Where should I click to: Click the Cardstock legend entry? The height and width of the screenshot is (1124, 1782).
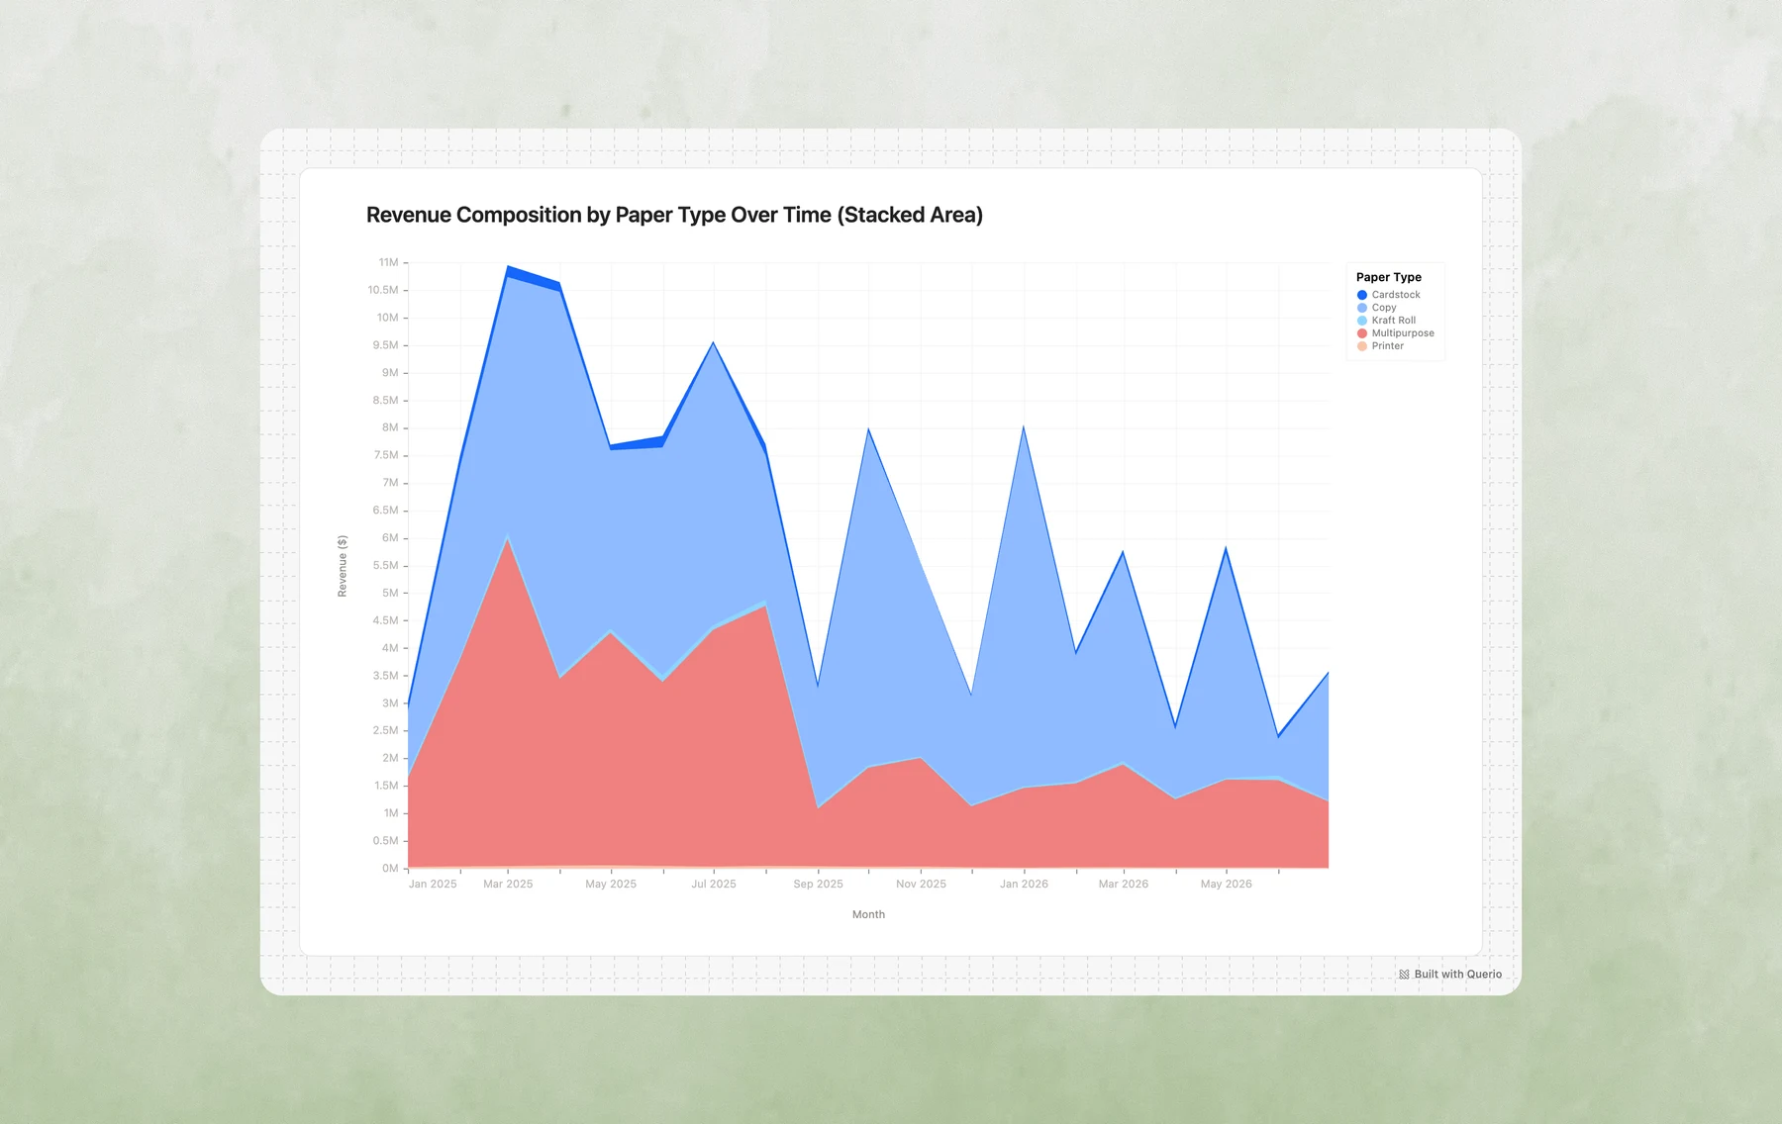click(x=1388, y=295)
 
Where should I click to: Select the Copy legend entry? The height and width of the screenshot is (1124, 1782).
click(x=1376, y=308)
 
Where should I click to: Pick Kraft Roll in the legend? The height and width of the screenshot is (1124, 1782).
click(x=1386, y=321)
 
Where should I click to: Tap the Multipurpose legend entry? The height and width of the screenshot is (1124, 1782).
click(x=1395, y=333)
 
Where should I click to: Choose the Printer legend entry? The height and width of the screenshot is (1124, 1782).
click(x=1380, y=346)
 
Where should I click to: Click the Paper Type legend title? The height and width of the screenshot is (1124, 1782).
click(x=1388, y=277)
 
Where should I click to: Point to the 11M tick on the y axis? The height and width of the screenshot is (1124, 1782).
click(x=388, y=263)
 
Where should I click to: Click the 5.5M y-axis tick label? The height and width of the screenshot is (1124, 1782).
click(x=385, y=566)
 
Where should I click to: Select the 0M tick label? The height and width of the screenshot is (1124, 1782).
click(x=389, y=869)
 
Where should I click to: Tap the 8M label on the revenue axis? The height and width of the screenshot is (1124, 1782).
click(x=390, y=428)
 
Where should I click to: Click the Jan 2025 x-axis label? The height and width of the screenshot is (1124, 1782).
click(x=433, y=885)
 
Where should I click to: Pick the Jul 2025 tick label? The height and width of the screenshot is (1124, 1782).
click(x=714, y=885)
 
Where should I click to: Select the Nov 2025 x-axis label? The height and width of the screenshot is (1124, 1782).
click(x=921, y=885)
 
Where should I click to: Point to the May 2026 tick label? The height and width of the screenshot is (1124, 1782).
click(x=1226, y=885)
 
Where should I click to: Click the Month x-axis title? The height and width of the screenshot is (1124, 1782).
click(x=868, y=914)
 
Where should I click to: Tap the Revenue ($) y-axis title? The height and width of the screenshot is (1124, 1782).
click(x=343, y=566)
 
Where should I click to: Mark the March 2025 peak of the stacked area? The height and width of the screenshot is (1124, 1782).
click(x=508, y=266)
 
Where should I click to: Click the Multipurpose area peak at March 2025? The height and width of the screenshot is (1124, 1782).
click(x=508, y=538)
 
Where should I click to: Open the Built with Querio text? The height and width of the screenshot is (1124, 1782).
click(x=1457, y=975)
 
